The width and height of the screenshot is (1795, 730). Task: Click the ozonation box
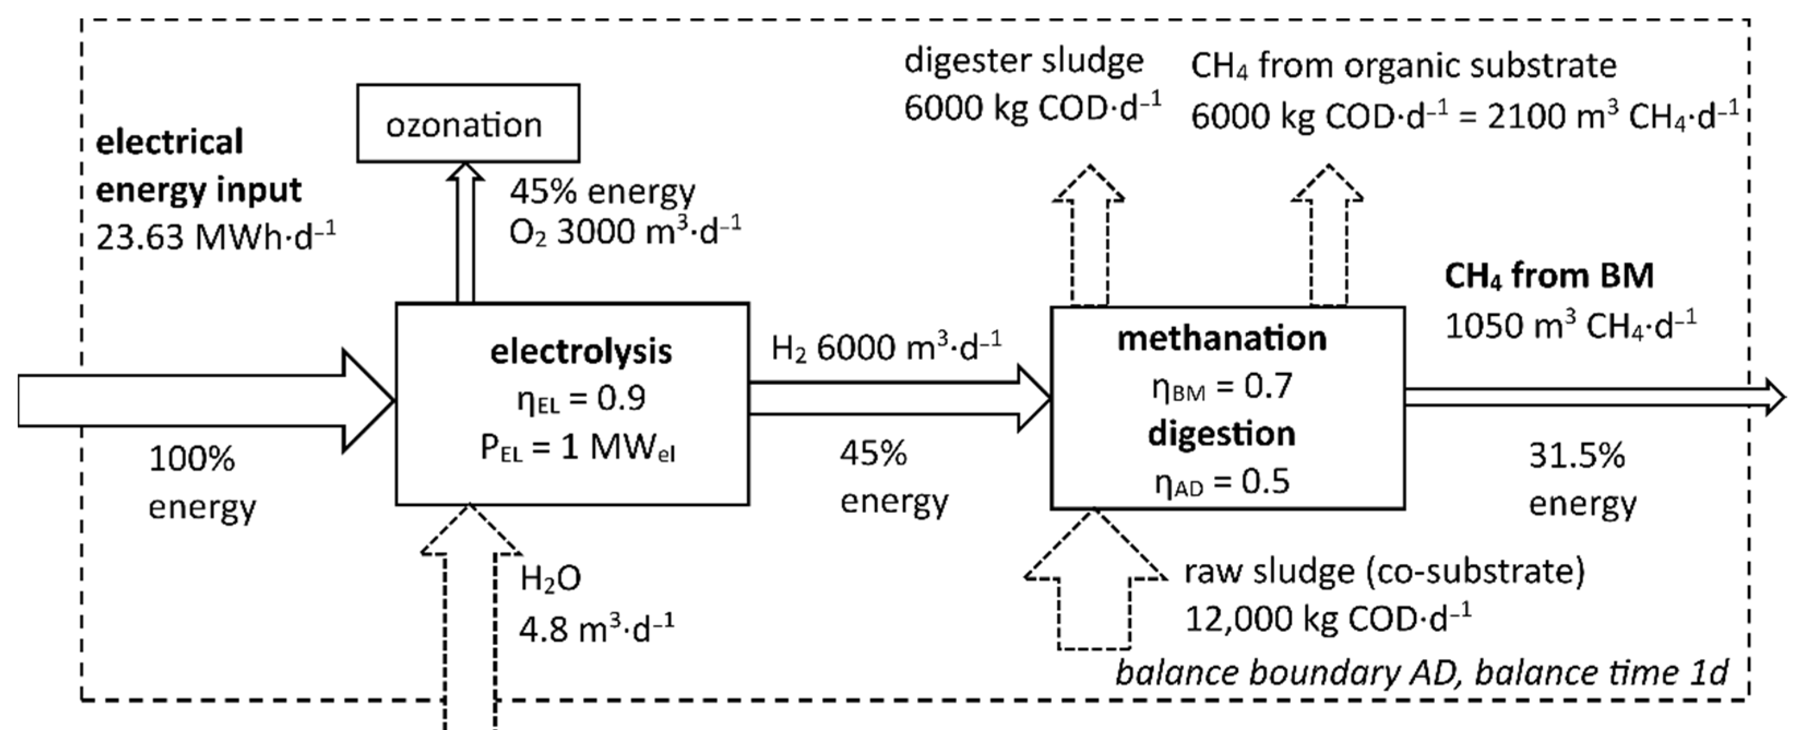[468, 124]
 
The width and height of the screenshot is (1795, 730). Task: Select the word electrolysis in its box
[581, 352]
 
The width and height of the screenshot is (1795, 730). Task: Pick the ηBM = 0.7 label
[1221, 387]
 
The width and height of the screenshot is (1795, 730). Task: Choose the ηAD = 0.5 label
[1221, 482]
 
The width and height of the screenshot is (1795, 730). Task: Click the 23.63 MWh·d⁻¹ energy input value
[214, 237]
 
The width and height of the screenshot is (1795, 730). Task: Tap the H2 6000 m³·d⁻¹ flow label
[886, 346]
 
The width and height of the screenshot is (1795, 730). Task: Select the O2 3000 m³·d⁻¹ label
[624, 232]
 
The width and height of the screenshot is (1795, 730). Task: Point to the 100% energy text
[192, 460]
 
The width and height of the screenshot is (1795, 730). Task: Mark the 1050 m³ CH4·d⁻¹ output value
[1571, 325]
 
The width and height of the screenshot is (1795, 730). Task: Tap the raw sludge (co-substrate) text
[1384, 571]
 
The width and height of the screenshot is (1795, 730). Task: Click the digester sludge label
[1024, 61]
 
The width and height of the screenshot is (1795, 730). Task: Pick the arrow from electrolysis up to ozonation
[465, 234]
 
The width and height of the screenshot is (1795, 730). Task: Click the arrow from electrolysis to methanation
[899, 398]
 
